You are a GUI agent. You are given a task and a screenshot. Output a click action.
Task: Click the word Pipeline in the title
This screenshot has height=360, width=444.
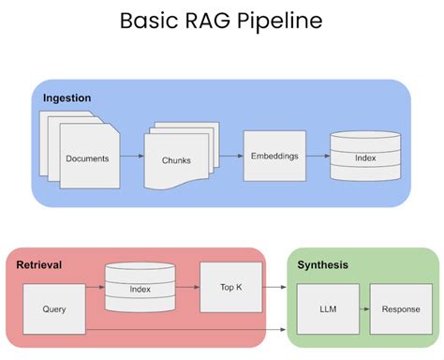click(x=282, y=21)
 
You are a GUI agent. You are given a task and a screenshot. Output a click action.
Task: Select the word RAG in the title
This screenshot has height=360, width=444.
click(x=203, y=21)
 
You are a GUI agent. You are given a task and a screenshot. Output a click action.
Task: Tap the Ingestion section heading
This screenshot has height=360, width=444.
click(x=68, y=97)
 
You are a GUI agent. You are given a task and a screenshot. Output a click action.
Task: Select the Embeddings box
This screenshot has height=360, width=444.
click(x=274, y=155)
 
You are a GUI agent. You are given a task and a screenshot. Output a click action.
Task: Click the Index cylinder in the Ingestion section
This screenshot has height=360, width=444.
click(x=364, y=156)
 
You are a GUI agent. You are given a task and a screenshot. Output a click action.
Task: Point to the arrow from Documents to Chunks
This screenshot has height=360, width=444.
click(x=130, y=158)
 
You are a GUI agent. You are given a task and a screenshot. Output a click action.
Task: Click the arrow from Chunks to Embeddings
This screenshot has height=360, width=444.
click(x=229, y=157)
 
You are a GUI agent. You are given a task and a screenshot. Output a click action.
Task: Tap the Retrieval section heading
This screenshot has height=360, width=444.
click(x=39, y=265)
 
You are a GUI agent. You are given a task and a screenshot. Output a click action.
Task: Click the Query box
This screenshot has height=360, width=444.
click(x=54, y=307)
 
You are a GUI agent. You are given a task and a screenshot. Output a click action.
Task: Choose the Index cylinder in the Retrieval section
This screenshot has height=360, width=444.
click(x=140, y=287)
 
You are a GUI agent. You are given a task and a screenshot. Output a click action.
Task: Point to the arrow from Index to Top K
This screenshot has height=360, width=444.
click(x=187, y=287)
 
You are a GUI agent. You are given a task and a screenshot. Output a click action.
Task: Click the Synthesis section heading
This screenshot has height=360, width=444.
click(x=323, y=265)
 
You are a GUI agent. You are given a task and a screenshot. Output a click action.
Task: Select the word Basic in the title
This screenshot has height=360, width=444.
click(x=149, y=21)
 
